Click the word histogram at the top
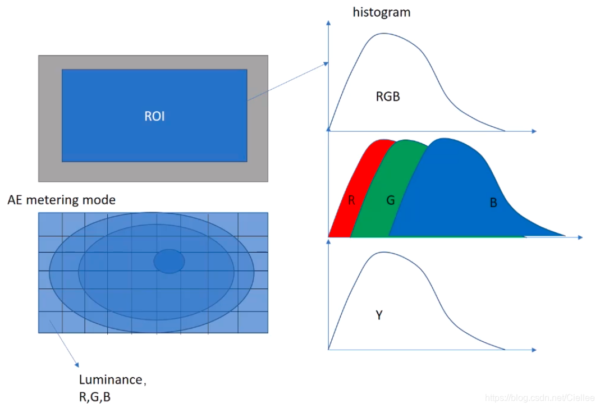point(381,12)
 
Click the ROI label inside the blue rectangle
point(154,116)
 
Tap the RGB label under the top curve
point(388,97)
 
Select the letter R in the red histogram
point(352,200)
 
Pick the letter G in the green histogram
point(391,200)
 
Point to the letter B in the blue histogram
point(493,203)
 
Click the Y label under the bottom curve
point(379,315)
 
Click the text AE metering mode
point(62,200)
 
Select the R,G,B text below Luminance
point(95,397)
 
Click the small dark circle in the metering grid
point(169,262)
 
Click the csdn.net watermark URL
point(539,397)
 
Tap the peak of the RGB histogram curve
point(383,33)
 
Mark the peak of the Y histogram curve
point(383,253)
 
